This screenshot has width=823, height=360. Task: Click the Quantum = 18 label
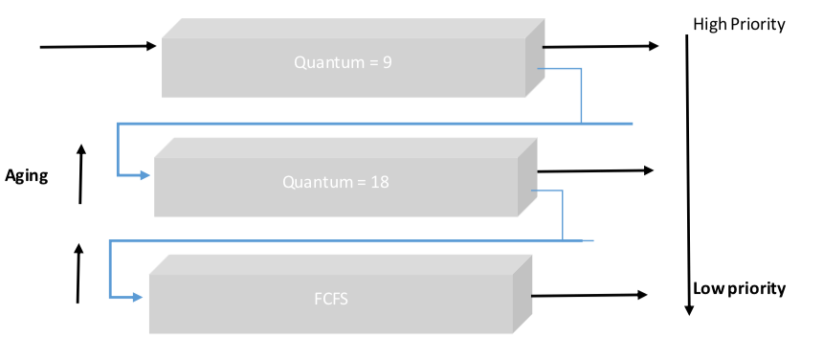pyautogui.click(x=331, y=182)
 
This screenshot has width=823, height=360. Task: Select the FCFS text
pyautogui.click(x=329, y=298)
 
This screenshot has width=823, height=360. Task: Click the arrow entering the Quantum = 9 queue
pyautogui.click(x=96, y=45)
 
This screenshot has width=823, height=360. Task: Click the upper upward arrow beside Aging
pyautogui.click(x=81, y=173)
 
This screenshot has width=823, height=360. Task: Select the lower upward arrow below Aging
pyautogui.click(x=78, y=274)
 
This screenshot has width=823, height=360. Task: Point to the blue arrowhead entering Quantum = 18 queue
pyautogui.click(x=145, y=175)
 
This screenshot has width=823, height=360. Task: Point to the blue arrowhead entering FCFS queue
pyautogui.click(x=137, y=297)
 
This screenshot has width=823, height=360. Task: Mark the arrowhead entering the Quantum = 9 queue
pyautogui.click(x=150, y=45)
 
